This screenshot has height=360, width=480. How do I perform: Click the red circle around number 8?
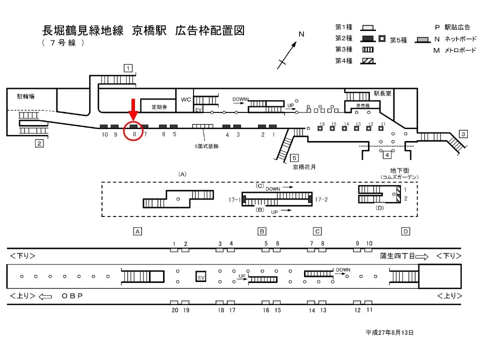click(x=133, y=130)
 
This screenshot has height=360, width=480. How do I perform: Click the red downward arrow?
click(x=133, y=109)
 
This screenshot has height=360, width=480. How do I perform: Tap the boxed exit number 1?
click(x=128, y=68)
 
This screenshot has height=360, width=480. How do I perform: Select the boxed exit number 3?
click(x=463, y=134)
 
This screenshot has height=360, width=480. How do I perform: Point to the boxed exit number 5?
click(x=295, y=158)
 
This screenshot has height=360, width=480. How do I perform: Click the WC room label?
click(x=186, y=99)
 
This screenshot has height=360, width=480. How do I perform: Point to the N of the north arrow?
click(x=301, y=34)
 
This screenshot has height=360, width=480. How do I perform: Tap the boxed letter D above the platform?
click(x=405, y=231)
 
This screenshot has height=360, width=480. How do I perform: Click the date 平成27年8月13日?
click(x=389, y=332)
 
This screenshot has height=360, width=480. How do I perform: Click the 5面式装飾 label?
click(x=206, y=146)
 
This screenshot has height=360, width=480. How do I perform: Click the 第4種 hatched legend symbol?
click(x=369, y=61)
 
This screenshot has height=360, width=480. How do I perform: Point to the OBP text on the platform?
click(x=72, y=295)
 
